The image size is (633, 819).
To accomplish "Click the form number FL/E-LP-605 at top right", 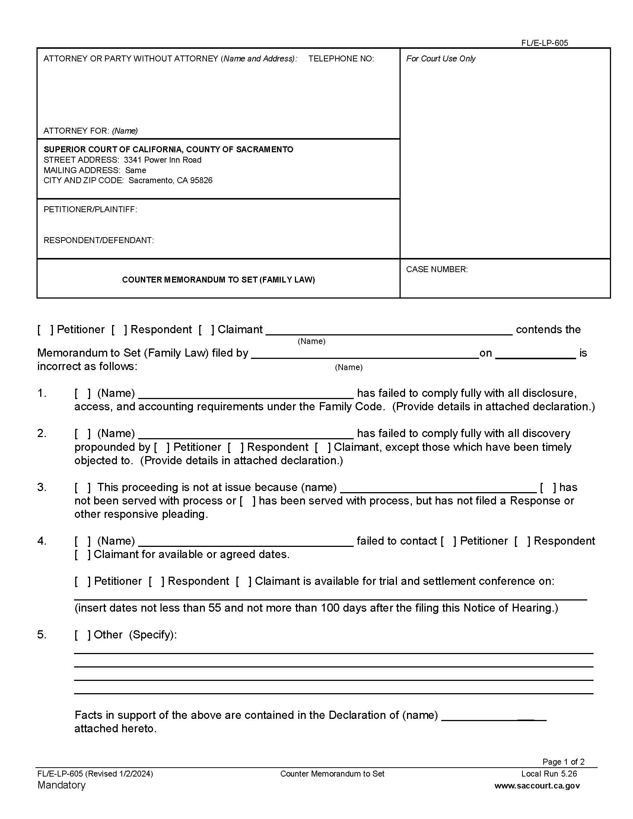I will [544, 43].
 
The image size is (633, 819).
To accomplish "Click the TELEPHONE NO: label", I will [341, 58].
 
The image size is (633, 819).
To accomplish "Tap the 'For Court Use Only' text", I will [440, 58].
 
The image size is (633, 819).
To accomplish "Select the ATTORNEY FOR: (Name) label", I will [90, 131].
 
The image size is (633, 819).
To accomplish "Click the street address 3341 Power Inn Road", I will [162, 160].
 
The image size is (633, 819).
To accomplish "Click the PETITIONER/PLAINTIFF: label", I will [90, 209].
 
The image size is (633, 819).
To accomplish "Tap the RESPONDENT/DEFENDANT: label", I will [99, 240].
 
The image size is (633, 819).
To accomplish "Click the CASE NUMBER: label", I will [436, 269].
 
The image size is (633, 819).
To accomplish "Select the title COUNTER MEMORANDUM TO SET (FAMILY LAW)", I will [218, 280].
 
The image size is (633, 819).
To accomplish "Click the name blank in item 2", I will [246, 434].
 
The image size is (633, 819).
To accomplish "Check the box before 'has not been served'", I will [548, 487].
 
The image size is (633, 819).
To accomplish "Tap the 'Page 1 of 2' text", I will [563, 762].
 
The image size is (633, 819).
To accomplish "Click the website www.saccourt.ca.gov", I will [537, 785].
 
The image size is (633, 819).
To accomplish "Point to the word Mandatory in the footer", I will [61, 785].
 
